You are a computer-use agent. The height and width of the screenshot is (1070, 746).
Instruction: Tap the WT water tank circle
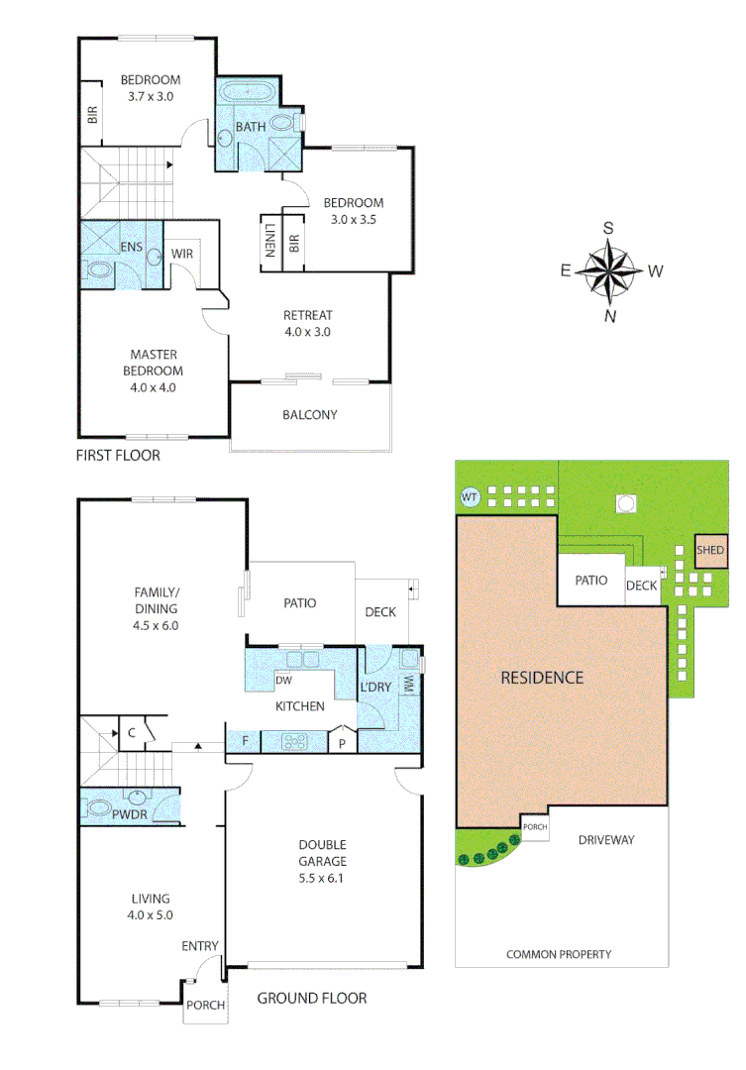(469, 497)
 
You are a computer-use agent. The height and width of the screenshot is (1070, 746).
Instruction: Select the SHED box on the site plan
(710, 551)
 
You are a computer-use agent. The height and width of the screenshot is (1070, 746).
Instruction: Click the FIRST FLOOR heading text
(118, 457)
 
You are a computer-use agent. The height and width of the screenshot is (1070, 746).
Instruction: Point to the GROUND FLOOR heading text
(311, 998)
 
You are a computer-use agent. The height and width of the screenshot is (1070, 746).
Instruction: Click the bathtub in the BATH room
(249, 93)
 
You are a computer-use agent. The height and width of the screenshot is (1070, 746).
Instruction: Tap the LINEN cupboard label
(269, 241)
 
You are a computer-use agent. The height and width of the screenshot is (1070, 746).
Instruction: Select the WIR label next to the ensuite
(182, 254)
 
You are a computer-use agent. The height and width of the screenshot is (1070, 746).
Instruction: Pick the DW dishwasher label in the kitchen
(283, 681)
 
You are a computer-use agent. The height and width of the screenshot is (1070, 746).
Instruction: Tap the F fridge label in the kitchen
(245, 740)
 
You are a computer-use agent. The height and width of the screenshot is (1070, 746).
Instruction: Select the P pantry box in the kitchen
(342, 741)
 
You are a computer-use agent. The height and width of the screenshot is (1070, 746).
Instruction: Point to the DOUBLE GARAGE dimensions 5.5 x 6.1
(323, 877)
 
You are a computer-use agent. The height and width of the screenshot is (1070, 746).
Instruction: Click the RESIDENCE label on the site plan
(541, 678)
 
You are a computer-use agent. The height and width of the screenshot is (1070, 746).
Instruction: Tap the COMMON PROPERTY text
(559, 955)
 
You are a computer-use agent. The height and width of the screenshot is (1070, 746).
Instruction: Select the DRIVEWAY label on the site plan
(606, 840)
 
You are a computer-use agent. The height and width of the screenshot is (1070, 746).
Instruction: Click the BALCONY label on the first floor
(309, 415)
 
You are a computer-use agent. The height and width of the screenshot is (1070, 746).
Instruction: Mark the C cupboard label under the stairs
(131, 732)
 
